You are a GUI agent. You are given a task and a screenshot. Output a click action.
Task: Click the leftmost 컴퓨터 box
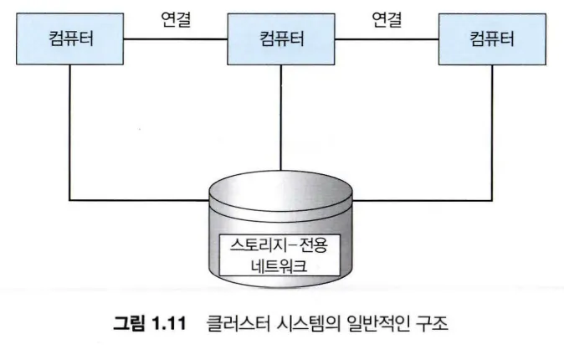pos(71,39)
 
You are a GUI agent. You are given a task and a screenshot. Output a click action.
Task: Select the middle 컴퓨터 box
pos(280,39)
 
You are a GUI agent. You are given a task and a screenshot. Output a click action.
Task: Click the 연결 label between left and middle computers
pos(176,18)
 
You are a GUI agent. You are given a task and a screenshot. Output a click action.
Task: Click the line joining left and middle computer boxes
pos(176,39)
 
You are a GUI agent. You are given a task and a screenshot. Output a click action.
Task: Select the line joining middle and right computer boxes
pos(386,39)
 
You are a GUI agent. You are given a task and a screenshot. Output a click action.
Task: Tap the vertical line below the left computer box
pos(70,134)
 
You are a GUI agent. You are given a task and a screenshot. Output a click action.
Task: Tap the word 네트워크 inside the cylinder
pos(282,267)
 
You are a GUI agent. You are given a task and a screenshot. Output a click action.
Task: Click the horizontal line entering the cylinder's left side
pos(138,201)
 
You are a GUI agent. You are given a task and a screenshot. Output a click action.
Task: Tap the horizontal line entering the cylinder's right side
pos(423,201)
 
